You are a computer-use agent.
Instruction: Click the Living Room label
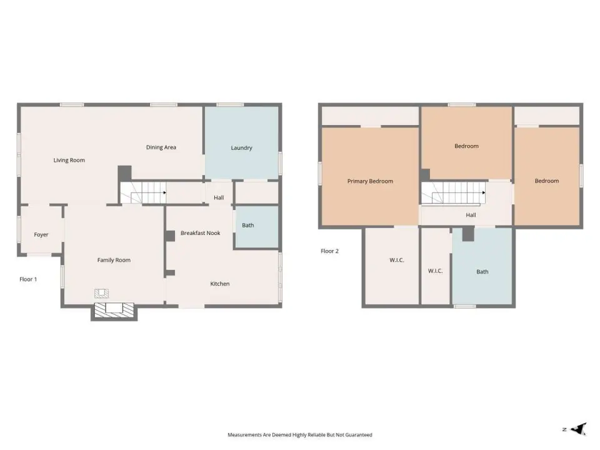click(x=69, y=161)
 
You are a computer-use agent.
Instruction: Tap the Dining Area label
click(x=161, y=147)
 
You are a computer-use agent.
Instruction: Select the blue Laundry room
click(x=242, y=142)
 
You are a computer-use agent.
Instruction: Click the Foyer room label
click(x=41, y=235)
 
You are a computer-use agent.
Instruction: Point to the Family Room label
click(x=114, y=260)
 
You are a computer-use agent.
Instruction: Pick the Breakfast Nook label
click(x=201, y=233)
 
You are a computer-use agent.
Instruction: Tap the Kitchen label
click(x=220, y=284)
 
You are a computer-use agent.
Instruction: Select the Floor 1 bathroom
click(x=256, y=227)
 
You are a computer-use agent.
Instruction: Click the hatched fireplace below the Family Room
click(x=114, y=311)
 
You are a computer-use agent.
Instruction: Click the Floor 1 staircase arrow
click(x=164, y=193)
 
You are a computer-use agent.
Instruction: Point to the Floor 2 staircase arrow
click(x=484, y=193)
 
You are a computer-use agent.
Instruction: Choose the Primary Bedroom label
click(x=370, y=181)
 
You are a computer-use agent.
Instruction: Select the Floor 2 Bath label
click(x=482, y=272)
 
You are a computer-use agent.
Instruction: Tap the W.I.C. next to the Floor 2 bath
click(x=435, y=271)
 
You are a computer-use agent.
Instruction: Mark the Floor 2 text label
click(x=329, y=251)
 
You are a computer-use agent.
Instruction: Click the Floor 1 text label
click(x=28, y=279)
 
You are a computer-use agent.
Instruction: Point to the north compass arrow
click(x=579, y=429)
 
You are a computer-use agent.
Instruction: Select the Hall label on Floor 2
click(x=471, y=215)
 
